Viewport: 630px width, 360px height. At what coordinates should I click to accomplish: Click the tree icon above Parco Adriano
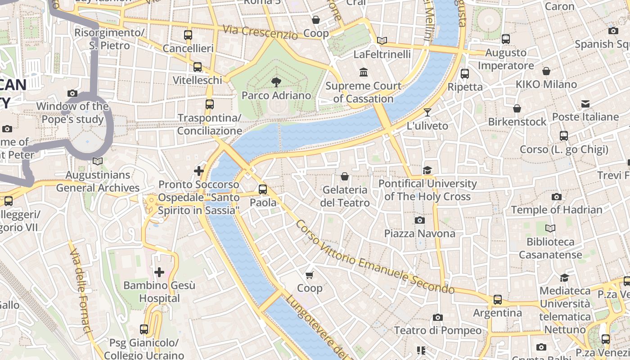pyautogui.click(x=276, y=82)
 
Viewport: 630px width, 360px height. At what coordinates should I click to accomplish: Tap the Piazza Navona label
pyautogui.click(x=419, y=233)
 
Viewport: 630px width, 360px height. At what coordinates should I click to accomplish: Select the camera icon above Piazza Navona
pyautogui.click(x=419, y=220)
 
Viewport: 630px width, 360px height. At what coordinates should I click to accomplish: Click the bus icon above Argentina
pyautogui.click(x=497, y=300)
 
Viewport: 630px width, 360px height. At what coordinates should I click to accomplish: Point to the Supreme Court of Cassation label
pyautogui.click(x=363, y=92)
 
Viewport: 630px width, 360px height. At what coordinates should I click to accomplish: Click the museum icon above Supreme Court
pyautogui.click(x=363, y=72)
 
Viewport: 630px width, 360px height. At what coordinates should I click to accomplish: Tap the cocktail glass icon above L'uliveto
pyautogui.click(x=427, y=112)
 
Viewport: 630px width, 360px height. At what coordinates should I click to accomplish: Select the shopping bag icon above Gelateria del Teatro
pyautogui.click(x=345, y=176)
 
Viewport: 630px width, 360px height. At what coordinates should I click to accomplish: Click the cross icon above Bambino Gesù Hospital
pyautogui.click(x=159, y=272)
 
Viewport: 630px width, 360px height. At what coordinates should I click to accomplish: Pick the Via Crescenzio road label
pyautogui.click(x=260, y=32)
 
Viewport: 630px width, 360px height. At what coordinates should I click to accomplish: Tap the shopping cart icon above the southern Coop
pyautogui.click(x=309, y=274)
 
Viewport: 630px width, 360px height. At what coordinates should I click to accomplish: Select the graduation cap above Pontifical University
pyautogui.click(x=427, y=170)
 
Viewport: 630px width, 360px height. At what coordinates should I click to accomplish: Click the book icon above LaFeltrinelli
pyautogui.click(x=382, y=40)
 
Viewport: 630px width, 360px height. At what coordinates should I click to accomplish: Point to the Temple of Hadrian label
pyautogui.click(x=556, y=210)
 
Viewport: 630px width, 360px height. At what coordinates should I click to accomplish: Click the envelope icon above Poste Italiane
pyautogui.click(x=585, y=104)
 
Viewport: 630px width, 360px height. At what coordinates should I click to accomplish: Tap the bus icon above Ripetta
pyautogui.click(x=465, y=73)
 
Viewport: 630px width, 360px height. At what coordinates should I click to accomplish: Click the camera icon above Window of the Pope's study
pyautogui.click(x=72, y=93)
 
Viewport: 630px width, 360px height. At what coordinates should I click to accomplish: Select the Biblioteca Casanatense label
pyautogui.click(x=550, y=248)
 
